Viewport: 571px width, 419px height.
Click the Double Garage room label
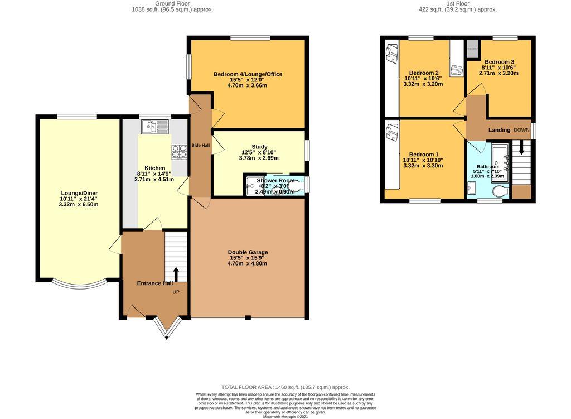[x=247, y=252]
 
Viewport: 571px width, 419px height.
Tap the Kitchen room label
[x=154, y=168]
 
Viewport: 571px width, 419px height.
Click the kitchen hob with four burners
[x=179, y=151]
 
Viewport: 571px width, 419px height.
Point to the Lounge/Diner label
[x=79, y=193]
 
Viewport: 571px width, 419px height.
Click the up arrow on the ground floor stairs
[x=177, y=274]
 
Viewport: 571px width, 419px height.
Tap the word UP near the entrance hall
[x=176, y=292]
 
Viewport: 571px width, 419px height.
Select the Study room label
[x=259, y=147]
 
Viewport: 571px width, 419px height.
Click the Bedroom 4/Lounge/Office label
[x=248, y=74]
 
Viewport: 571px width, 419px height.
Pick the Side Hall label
[x=199, y=145]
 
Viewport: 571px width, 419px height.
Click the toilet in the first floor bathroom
[x=500, y=191]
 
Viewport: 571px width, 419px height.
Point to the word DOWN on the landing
[x=521, y=129]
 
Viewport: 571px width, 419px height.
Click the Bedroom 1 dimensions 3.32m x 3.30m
[x=423, y=166]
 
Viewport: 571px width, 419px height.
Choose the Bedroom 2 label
[x=424, y=73]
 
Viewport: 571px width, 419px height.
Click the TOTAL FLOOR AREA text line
[x=285, y=387]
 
